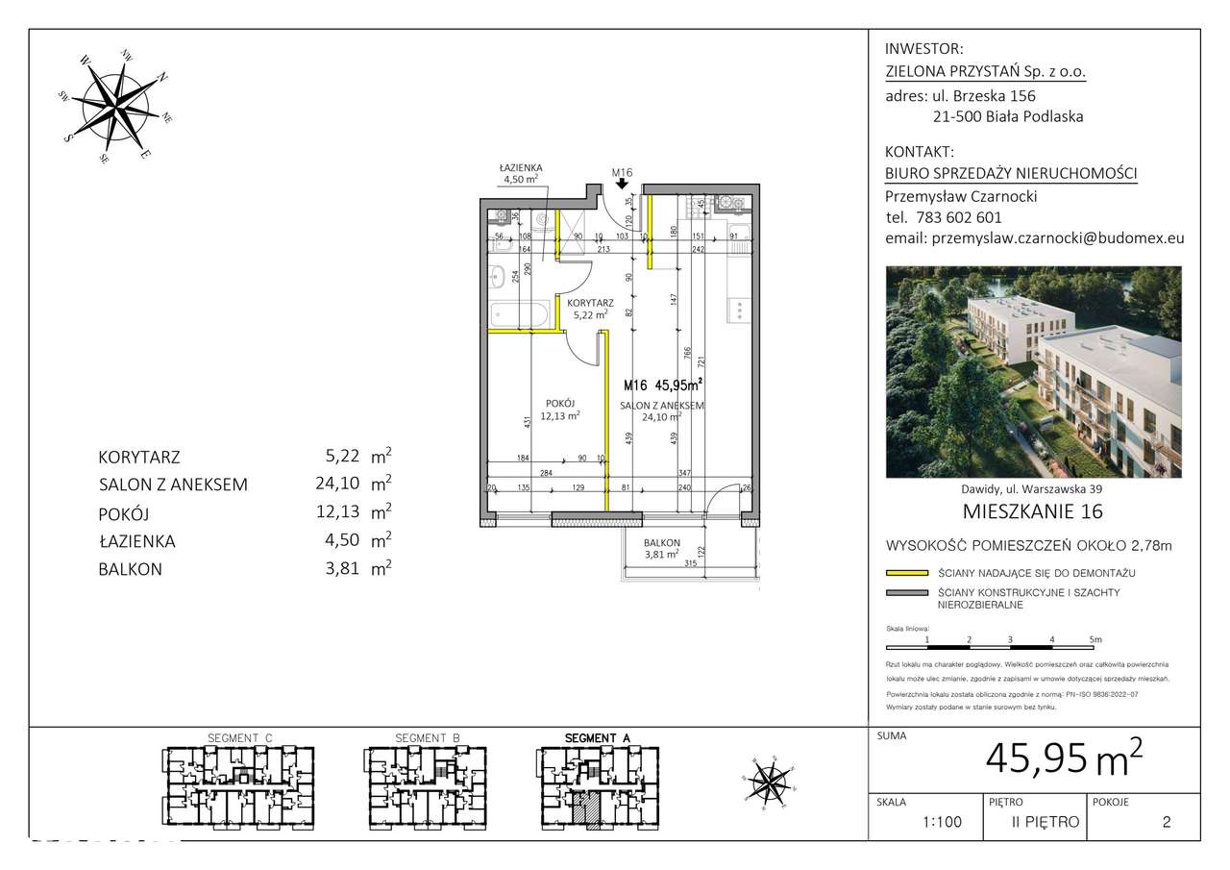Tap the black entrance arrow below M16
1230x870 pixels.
click(623, 188)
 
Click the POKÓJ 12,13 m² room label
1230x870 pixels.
click(558, 410)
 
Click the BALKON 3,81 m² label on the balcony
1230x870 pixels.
click(663, 548)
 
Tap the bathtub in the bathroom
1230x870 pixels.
click(519, 314)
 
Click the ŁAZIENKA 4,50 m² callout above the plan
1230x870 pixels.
click(521, 173)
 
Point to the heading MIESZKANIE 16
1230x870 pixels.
click(1032, 510)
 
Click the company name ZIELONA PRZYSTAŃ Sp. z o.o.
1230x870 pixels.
click(985, 71)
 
